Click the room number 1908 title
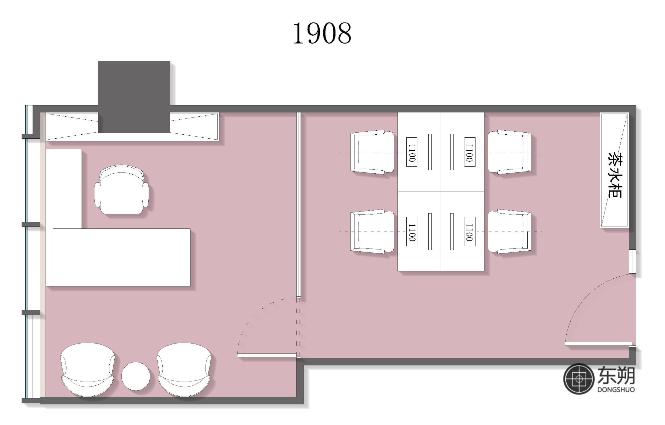[322, 33]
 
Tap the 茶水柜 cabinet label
[614, 175]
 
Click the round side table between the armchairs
[136, 376]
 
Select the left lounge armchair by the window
[88, 369]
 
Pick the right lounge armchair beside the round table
[184, 369]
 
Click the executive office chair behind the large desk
[121, 190]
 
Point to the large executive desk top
[122, 257]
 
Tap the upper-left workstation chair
[372, 152]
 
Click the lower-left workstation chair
[372, 231]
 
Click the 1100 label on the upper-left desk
[412, 152]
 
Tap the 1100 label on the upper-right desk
[469, 152]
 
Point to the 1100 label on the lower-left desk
[412, 231]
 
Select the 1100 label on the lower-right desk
[469, 231]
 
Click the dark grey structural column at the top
[134, 96]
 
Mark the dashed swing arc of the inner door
[254, 315]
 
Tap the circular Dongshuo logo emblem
[579, 379]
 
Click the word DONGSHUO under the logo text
[616, 389]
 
